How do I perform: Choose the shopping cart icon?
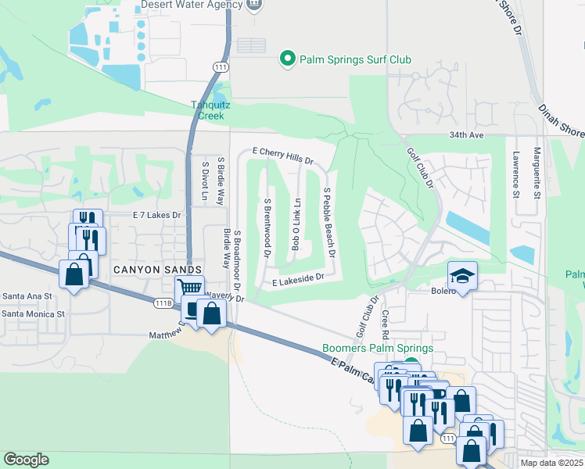click(189, 288)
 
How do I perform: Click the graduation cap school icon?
click(462, 275)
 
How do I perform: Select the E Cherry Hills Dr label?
click(282, 156)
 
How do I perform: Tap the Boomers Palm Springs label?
click(377, 348)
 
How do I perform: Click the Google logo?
click(26, 460)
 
